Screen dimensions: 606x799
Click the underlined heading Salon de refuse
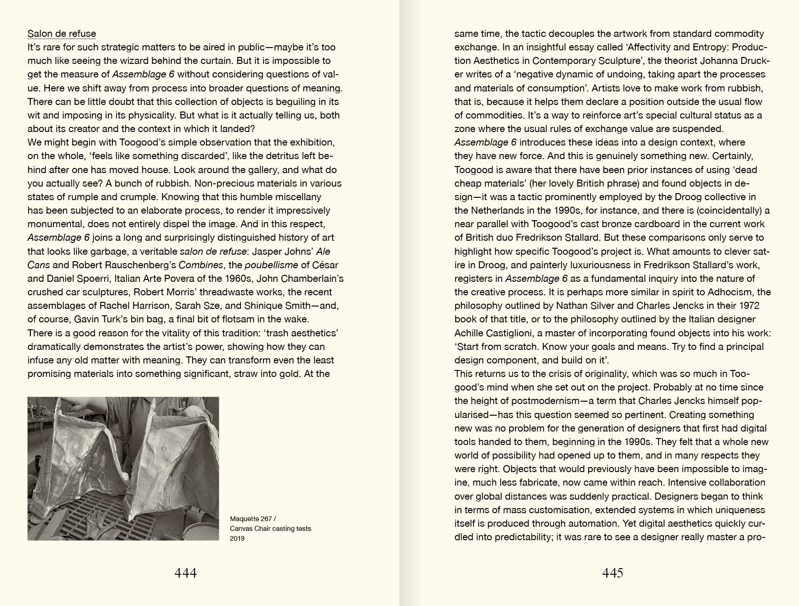click(62, 34)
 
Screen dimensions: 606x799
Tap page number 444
click(186, 573)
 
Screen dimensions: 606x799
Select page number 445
click(612, 573)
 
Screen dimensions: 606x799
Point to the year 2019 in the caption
click(237, 538)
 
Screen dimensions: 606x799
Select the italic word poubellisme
click(271, 265)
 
